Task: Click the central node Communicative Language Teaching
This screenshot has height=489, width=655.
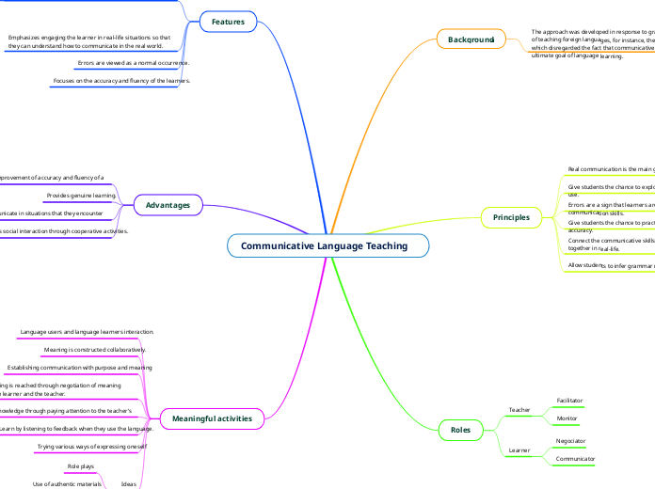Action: [x=325, y=246]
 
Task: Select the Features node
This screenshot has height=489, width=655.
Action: [x=228, y=21]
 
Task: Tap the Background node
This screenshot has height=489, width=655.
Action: [x=471, y=39]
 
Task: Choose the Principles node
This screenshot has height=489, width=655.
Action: [x=511, y=217]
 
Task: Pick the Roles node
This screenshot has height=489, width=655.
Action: [x=460, y=430]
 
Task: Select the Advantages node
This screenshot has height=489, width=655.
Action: [x=168, y=204]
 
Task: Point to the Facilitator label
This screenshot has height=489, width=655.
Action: [x=569, y=401]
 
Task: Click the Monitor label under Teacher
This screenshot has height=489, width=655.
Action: [x=567, y=418]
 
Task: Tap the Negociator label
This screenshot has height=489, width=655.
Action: [x=570, y=440]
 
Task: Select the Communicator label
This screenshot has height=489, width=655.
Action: [x=575, y=458]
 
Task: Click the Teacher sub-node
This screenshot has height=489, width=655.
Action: [x=519, y=410]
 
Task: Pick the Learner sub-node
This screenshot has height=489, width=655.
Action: [x=519, y=450]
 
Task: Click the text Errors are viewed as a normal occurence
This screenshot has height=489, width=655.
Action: [x=133, y=63]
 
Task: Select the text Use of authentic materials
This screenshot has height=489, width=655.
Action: [x=67, y=484]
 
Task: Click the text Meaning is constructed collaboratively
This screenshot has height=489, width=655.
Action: [x=95, y=350]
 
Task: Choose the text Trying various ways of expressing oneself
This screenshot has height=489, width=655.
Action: [x=92, y=447]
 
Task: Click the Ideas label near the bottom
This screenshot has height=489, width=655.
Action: [x=129, y=484]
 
